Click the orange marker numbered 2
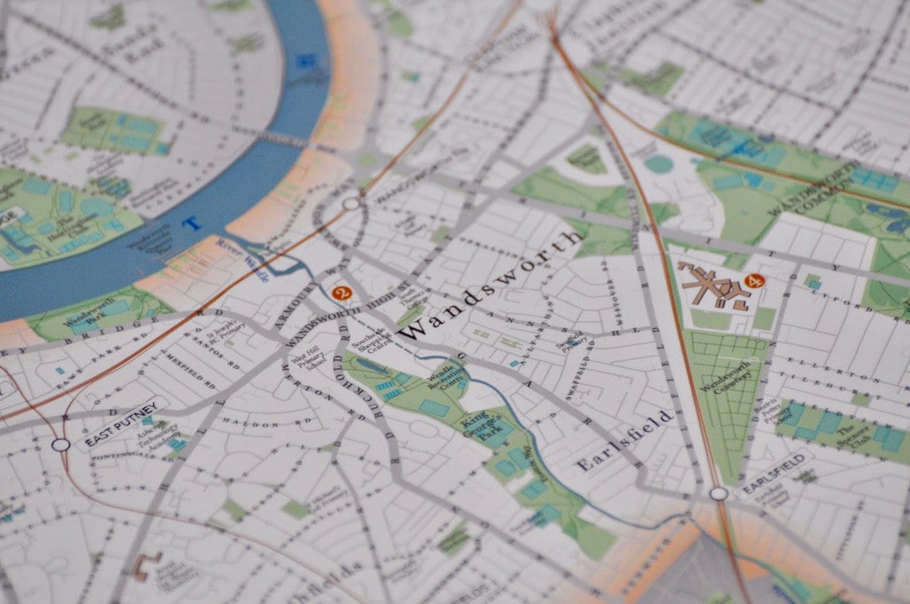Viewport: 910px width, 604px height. pyautogui.click(x=341, y=293)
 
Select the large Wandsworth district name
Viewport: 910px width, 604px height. pyautogui.click(x=490, y=284)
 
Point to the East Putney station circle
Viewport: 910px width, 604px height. pyautogui.click(x=60, y=445)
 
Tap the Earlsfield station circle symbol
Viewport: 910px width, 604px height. pyautogui.click(x=718, y=494)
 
